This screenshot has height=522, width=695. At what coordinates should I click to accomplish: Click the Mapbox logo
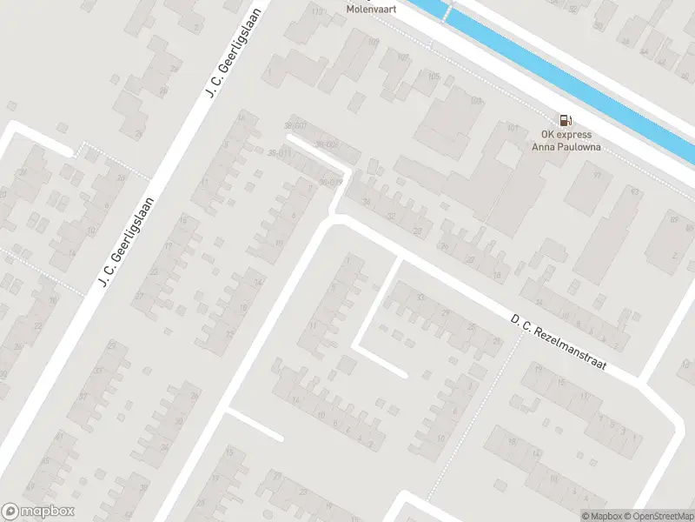tap(38, 512)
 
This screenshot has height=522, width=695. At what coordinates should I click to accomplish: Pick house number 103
tap(475, 101)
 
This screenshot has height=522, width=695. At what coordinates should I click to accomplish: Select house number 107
tap(403, 57)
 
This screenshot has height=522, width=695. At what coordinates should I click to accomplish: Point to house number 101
tap(512, 128)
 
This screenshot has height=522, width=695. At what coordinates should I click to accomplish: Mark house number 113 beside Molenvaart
tap(316, 11)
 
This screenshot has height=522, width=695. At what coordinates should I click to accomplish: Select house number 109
tap(374, 41)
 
